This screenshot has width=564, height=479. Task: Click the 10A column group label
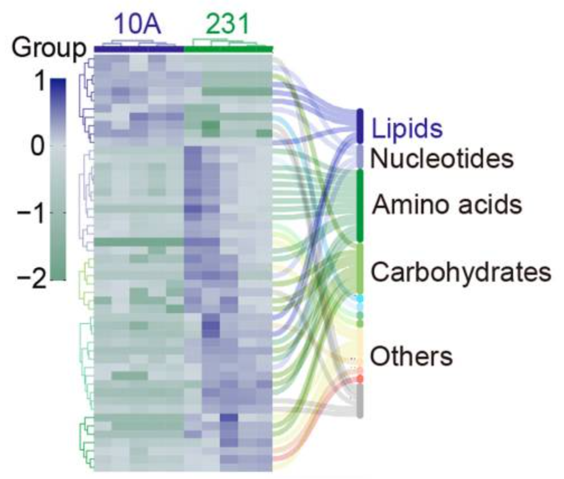tap(138, 25)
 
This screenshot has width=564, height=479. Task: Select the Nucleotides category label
tap(442, 159)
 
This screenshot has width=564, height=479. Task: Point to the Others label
tap(412, 356)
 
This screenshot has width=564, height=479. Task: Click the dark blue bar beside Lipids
tap(360, 126)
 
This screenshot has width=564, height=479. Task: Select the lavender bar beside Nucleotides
tap(360, 157)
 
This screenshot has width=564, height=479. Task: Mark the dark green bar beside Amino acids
tap(360, 205)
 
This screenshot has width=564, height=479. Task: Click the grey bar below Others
tap(360, 401)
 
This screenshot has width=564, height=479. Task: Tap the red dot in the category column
tap(360, 378)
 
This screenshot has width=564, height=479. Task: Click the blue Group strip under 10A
tap(139, 49)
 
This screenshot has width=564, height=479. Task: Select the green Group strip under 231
tap(228, 49)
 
